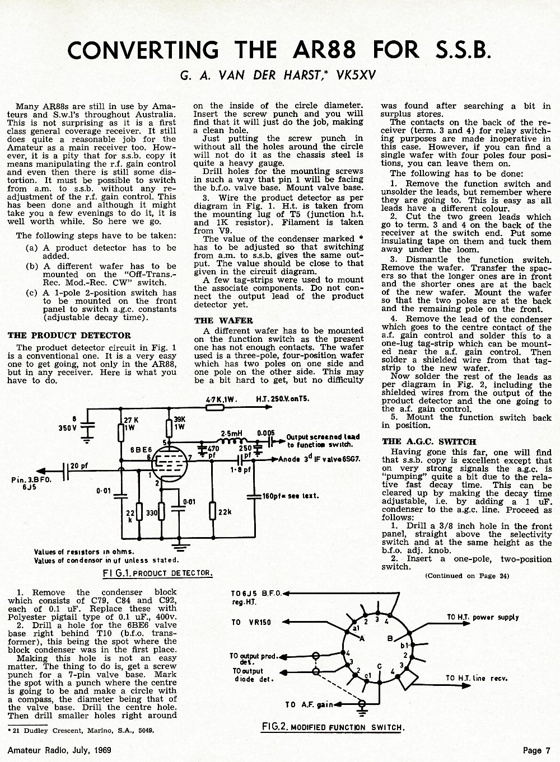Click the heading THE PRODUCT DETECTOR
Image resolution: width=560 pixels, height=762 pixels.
click(69, 336)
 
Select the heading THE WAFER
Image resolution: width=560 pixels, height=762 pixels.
click(223, 321)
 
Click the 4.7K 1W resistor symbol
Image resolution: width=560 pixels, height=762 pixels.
click(215, 407)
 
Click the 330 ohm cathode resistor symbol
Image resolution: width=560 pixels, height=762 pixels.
click(161, 511)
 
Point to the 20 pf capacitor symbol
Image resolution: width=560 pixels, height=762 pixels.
click(66, 471)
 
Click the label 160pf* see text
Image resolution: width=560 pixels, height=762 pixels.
click(291, 496)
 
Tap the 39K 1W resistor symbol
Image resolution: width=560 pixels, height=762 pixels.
click(169, 429)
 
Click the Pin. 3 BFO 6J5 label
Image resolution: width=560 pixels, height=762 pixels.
click(31, 483)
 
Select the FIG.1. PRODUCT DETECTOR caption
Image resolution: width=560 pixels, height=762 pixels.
click(157, 573)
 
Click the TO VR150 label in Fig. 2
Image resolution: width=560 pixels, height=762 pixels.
click(251, 622)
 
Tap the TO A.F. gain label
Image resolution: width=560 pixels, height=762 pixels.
click(309, 704)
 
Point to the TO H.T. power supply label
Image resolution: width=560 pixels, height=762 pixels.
click(483, 617)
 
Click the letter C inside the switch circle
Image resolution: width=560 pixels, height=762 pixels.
click(379, 666)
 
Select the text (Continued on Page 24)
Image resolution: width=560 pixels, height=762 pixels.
click(467, 576)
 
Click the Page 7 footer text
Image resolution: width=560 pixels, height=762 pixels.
click(536, 750)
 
